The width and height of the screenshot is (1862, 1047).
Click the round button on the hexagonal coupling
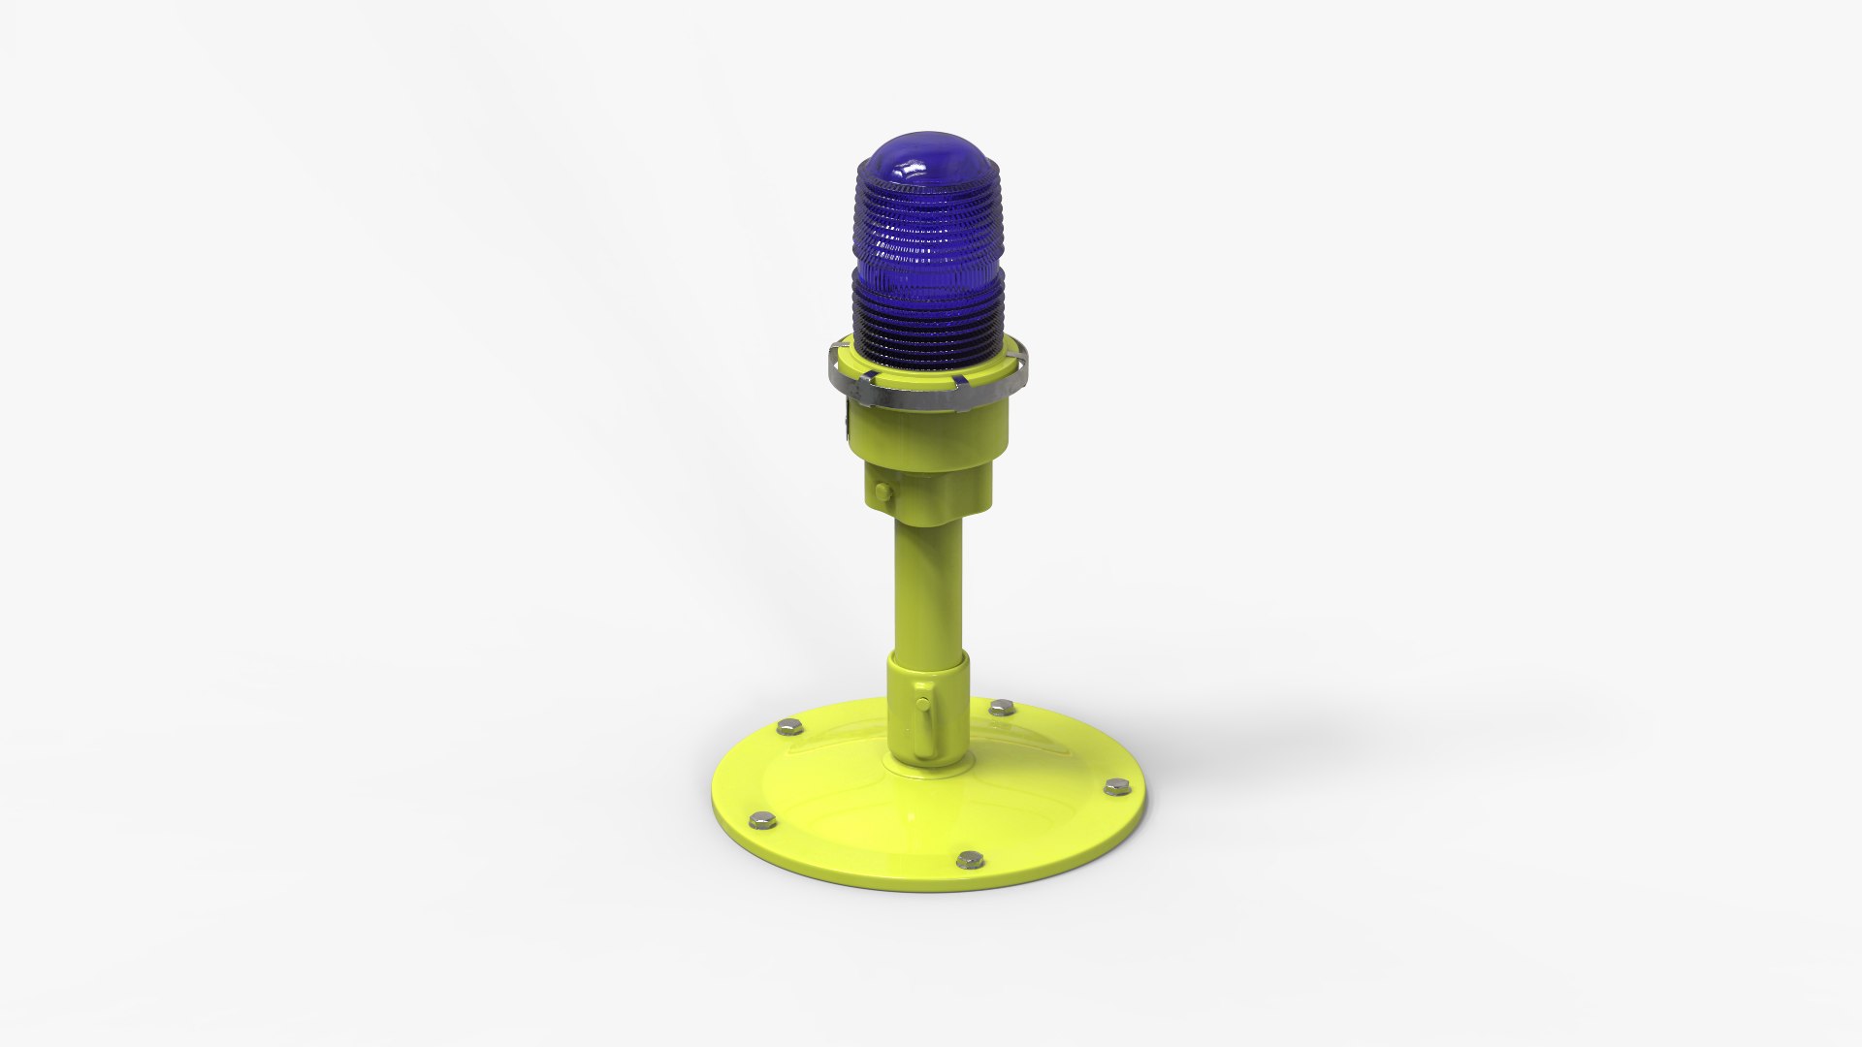pyautogui.click(x=881, y=489)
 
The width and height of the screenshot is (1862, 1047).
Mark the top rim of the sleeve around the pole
pyautogui.click(x=928, y=659)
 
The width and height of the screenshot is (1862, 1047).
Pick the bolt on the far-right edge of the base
pyautogui.click(x=1114, y=787)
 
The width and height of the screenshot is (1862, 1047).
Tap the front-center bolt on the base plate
pyautogui.click(x=967, y=859)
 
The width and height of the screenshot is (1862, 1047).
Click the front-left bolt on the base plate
pyautogui.click(x=763, y=819)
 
